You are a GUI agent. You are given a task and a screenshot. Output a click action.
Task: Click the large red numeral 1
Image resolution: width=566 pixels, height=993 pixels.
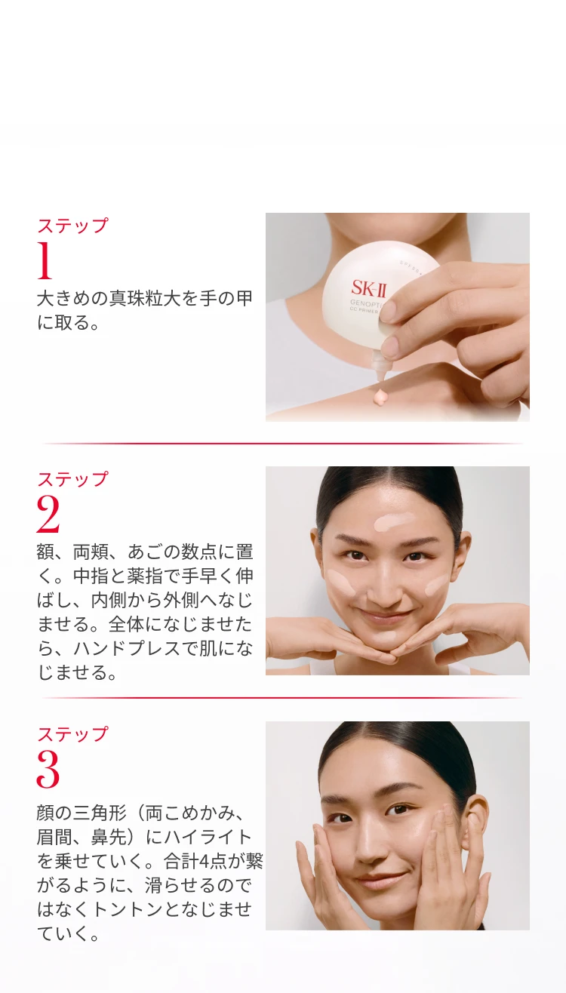point(45,260)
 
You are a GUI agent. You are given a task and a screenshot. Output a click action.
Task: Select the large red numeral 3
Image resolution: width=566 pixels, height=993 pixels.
point(48,769)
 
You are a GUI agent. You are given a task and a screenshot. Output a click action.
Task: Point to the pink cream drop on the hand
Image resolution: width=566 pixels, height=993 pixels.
point(379,396)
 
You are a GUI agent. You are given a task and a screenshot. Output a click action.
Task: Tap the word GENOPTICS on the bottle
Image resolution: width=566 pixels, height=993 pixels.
point(367,305)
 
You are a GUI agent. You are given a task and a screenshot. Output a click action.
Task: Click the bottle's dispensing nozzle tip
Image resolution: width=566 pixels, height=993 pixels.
point(380,376)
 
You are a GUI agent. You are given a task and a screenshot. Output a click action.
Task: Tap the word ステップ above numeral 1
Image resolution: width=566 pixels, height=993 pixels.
point(72,226)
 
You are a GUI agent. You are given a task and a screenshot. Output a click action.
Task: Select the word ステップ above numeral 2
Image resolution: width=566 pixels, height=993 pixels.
point(72,479)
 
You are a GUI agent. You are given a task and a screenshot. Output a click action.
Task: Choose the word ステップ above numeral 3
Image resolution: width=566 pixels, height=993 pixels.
point(72,734)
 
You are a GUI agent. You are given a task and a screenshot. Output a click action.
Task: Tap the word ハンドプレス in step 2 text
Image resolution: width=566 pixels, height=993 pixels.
point(128,649)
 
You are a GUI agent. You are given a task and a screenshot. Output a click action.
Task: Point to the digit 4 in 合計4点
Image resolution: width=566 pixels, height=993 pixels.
point(205,862)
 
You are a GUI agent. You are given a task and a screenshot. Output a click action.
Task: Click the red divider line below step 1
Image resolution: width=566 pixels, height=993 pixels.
point(283,443)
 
